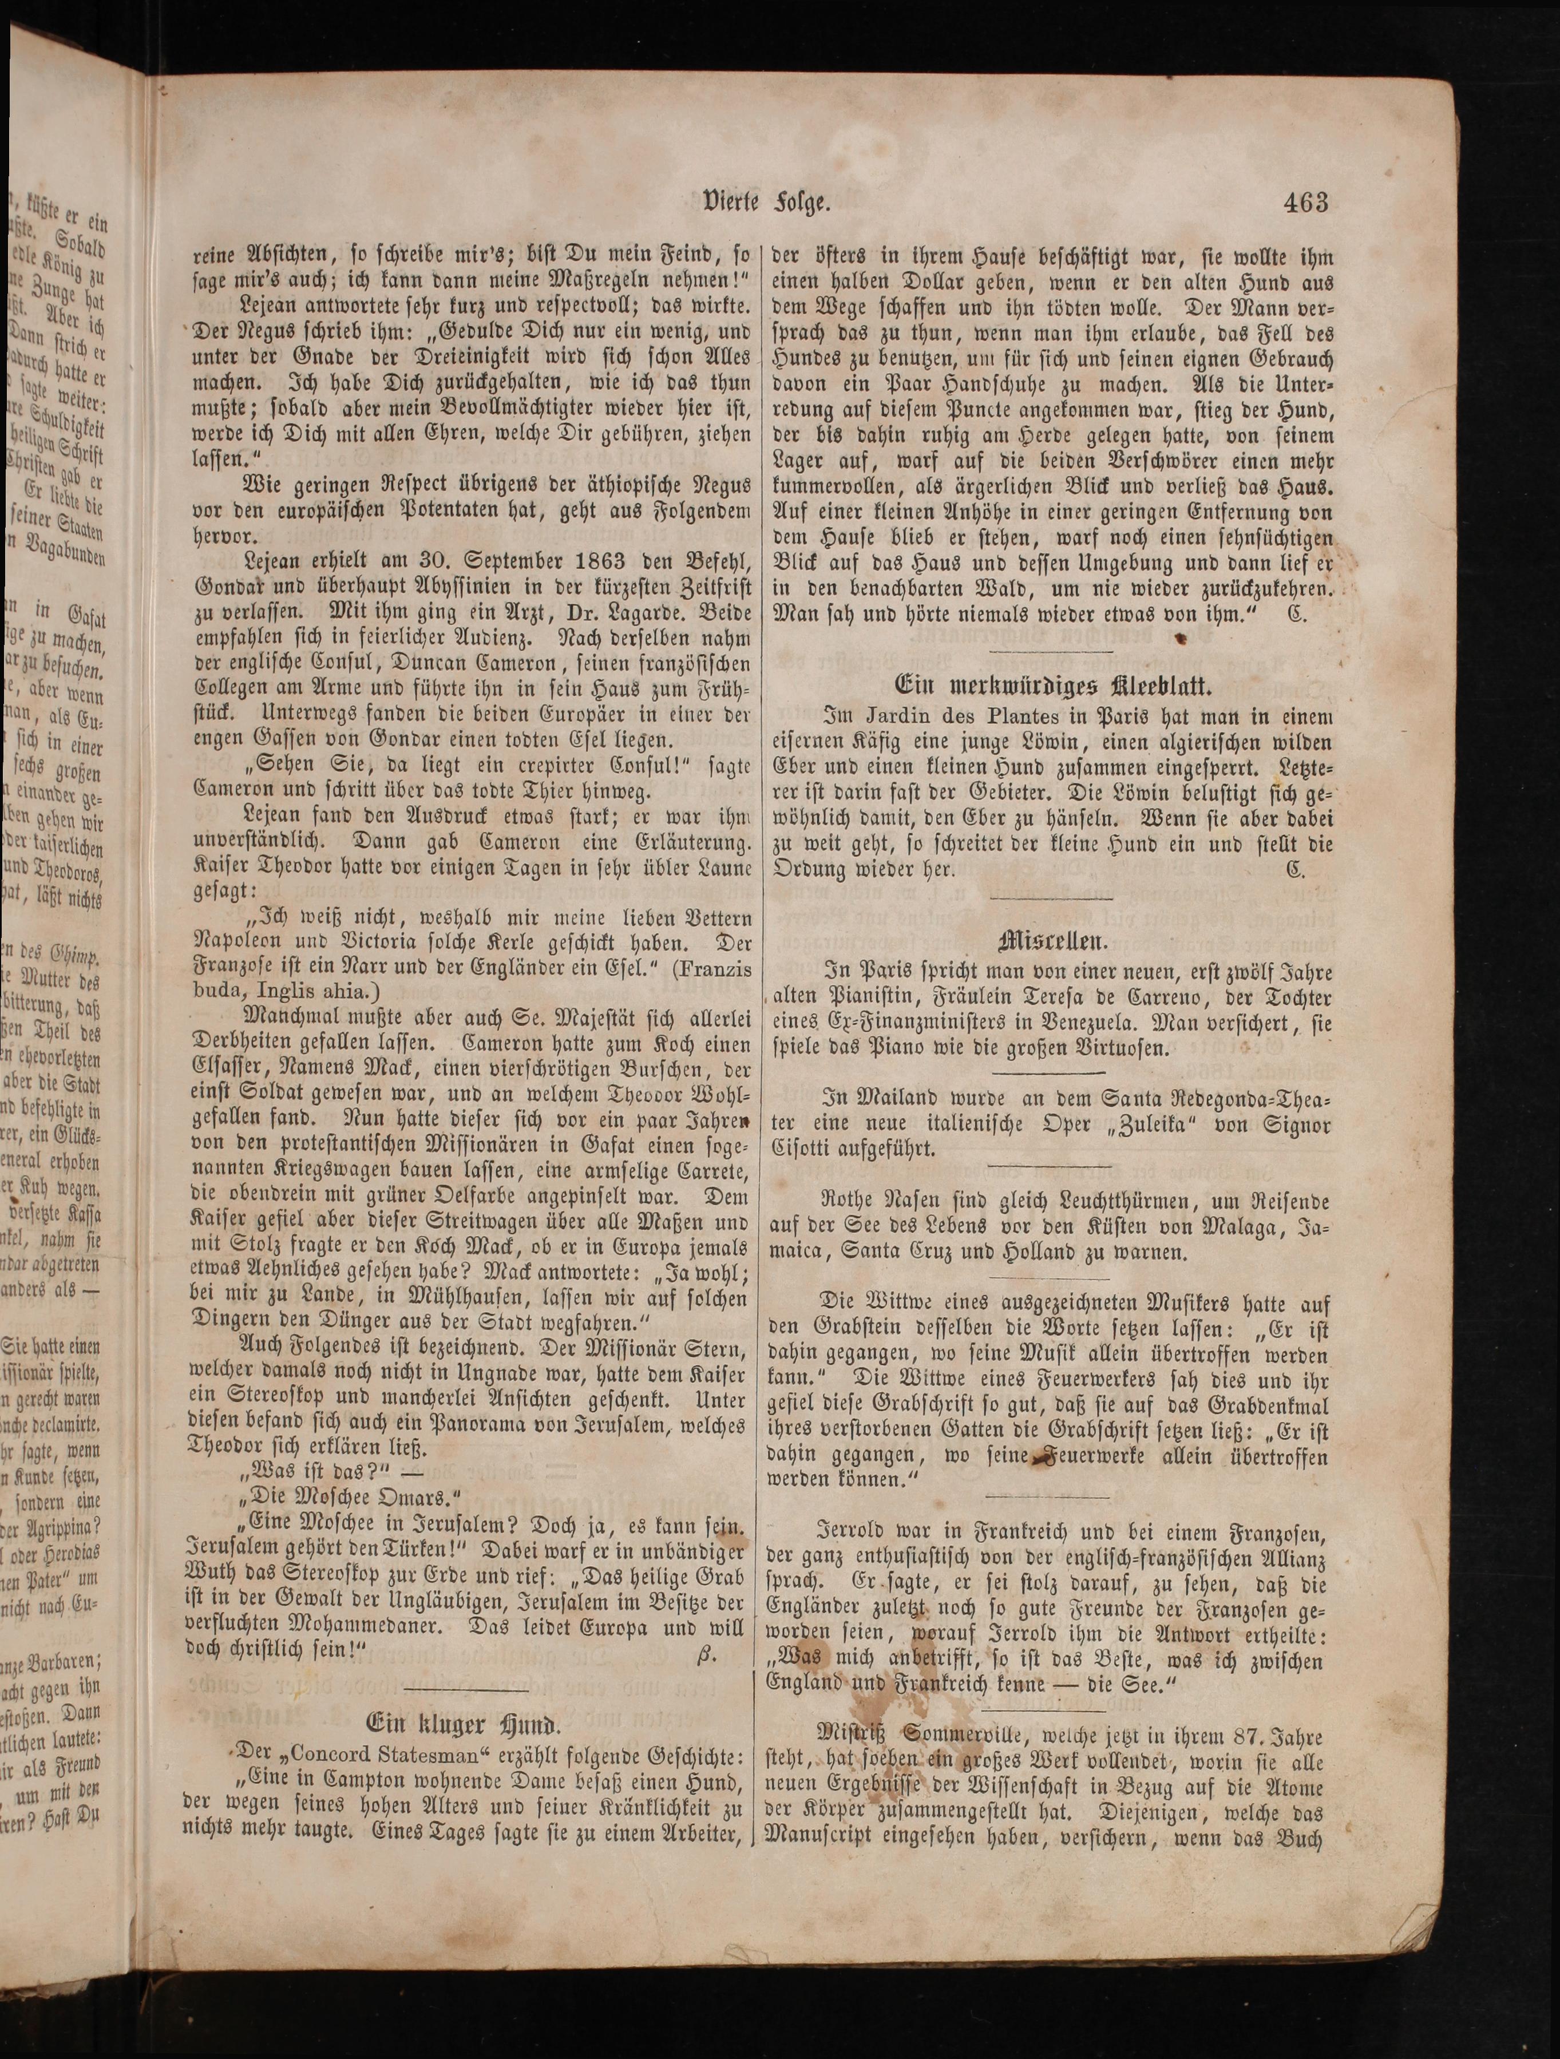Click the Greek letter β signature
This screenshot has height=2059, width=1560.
(704, 1654)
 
